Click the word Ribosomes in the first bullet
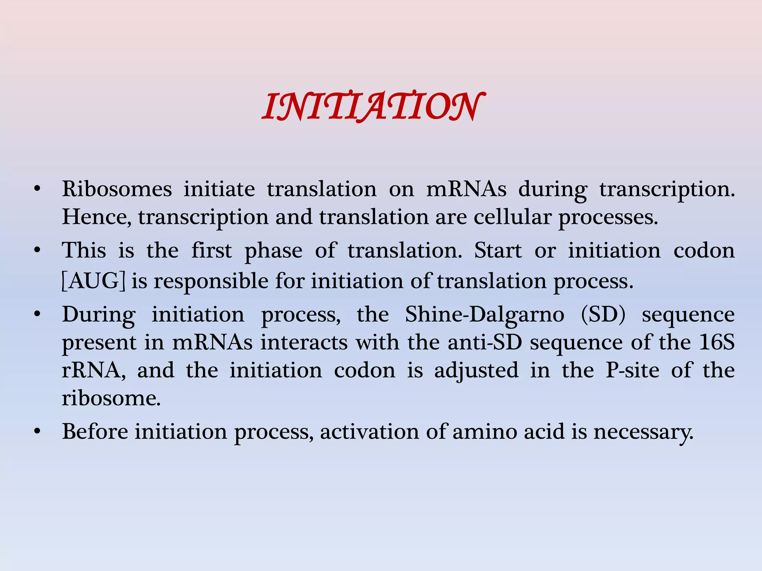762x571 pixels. [x=117, y=189]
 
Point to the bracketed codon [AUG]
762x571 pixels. [x=93, y=281]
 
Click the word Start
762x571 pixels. [x=498, y=251]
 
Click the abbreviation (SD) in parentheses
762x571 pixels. [x=603, y=315]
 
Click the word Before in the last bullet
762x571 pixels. [x=95, y=432]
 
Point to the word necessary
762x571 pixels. [x=643, y=432]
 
